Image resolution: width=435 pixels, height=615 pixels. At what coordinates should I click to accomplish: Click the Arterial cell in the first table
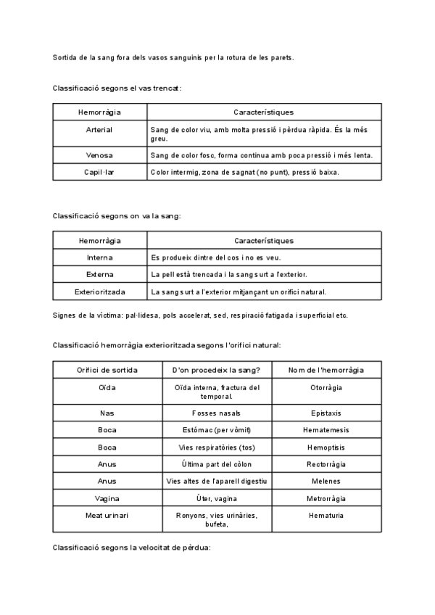point(99,130)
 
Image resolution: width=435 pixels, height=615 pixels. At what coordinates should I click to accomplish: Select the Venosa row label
point(99,155)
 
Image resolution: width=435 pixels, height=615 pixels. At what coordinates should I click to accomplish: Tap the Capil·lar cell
point(99,173)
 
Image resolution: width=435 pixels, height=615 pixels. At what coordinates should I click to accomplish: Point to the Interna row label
point(99,257)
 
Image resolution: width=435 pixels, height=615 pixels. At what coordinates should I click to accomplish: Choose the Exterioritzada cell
point(99,292)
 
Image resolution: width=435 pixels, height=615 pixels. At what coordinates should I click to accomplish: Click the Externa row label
point(99,275)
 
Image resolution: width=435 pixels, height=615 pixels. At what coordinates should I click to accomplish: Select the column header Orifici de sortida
point(107,371)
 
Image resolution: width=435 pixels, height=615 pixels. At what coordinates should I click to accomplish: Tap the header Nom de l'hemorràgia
point(326,371)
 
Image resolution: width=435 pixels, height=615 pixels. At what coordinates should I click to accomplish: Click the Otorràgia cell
point(326,388)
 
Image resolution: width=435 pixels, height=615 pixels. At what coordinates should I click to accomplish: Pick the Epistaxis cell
point(326,413)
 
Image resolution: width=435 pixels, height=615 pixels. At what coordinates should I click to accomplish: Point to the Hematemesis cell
point(326,430)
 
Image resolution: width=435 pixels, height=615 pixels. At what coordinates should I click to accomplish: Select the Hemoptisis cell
point(326,447)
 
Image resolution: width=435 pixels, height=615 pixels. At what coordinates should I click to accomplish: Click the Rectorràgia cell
point(326,464)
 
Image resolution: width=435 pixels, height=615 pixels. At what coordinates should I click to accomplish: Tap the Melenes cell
point(326,482)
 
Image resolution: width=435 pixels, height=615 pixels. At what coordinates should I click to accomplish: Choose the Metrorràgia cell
point(326,499)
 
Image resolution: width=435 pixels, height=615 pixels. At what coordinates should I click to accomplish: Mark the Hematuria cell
point(326,516)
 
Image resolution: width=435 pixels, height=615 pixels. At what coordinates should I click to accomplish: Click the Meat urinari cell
point(107,516)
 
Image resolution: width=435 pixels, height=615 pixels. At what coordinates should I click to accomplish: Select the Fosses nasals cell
point(217,413)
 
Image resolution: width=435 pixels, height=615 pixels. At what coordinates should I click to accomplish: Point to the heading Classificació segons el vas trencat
point(117,88)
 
